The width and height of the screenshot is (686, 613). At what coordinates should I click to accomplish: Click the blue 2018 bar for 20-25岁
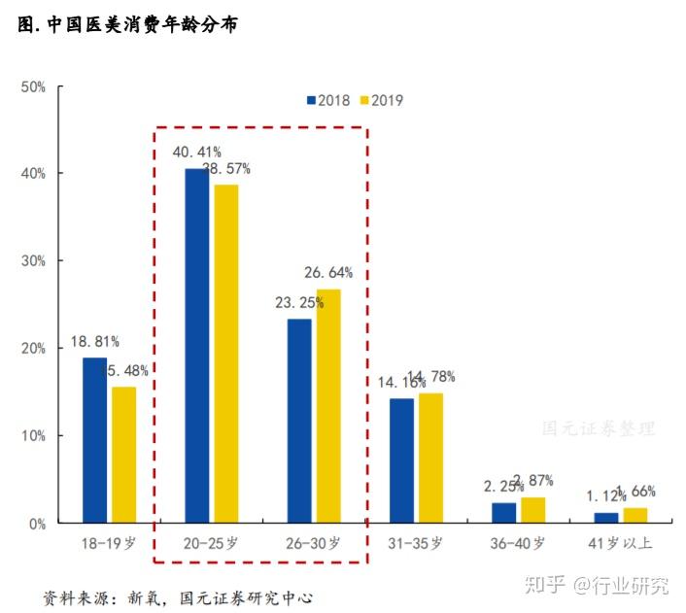coord(196,346)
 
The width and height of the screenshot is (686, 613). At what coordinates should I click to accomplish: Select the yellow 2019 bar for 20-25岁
coord(225,354)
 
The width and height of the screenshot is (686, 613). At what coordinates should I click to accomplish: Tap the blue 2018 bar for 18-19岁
coord(94,440)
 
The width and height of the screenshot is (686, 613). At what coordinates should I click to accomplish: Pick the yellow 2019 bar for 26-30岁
coord(328,406)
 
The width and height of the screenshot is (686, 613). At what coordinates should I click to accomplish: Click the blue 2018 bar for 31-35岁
coord(401,460)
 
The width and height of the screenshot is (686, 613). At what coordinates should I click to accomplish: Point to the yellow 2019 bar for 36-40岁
coord(533,510)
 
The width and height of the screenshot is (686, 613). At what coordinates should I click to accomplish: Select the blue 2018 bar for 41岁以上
coord(605,518)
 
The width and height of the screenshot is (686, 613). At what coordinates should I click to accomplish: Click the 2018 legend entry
coord(327,100)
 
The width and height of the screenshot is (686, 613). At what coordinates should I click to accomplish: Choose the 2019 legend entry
coord(381,100)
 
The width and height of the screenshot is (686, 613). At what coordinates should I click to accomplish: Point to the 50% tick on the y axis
coord(34,86)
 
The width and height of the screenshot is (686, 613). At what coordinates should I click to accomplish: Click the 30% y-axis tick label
coord(34,261)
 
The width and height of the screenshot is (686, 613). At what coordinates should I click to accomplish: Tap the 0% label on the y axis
coord(38,524)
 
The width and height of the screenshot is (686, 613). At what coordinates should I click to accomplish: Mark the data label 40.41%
coord(196,152)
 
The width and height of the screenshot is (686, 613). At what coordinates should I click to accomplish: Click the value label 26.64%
coord(328,273)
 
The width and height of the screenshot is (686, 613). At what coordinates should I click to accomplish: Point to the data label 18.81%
coord(94,342)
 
